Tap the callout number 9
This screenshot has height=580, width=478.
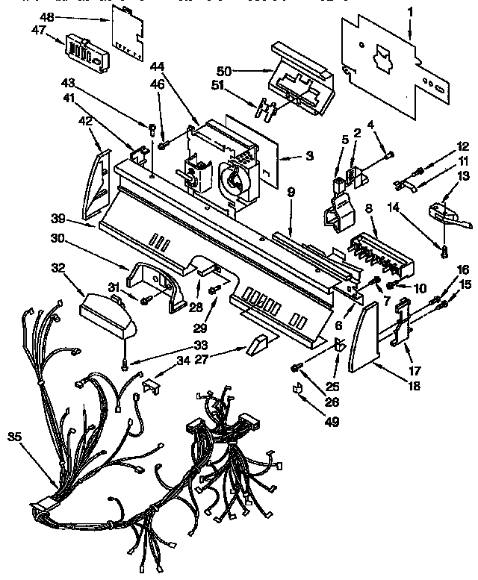coord(291,193)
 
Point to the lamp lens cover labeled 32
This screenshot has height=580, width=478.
coord(109,314)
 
